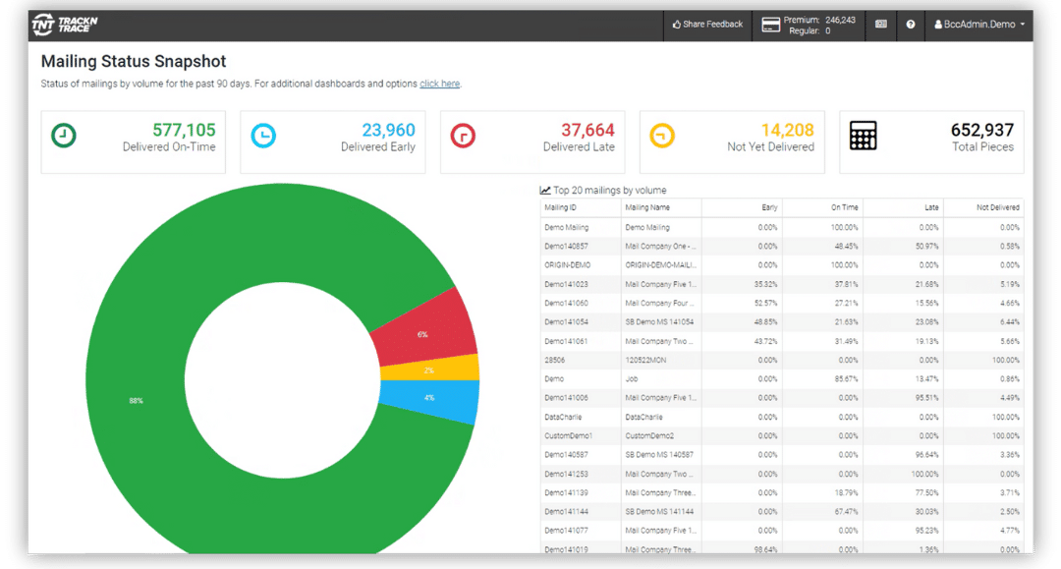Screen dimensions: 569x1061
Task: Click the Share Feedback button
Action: pyautogui.click(x=707, y=24)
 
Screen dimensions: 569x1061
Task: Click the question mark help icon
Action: pyautogui.click(x=911, y=24)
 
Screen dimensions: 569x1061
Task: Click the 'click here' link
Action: pyautogui.click(x=439, y=84)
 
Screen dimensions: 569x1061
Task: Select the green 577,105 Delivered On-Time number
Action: pyautogui.click(x=184, y=130)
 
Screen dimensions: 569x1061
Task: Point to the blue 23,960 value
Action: pyautogui.click(x=388, y=130)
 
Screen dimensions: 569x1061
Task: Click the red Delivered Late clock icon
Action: pyautogui.click(x=463, y=136)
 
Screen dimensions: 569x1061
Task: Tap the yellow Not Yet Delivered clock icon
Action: pyautogui.click(x=662, y=136)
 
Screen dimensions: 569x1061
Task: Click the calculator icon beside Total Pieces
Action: pyautogui.click(x=863, y=136)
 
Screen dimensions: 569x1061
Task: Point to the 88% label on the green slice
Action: pyautogui.click(x=135, y=400)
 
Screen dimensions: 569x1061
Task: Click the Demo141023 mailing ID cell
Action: pyautogui.click(x=566, y=284)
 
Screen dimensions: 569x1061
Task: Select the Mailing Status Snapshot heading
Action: pyautogui.click(x=134, y=61)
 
